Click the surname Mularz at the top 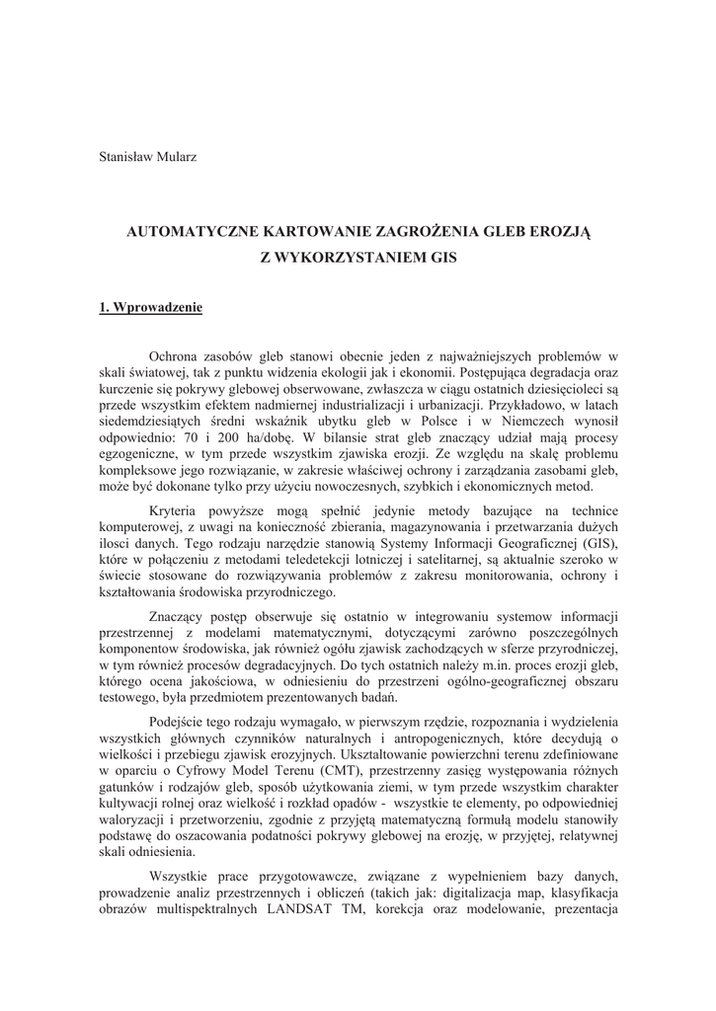(176, 157)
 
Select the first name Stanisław (126, 157)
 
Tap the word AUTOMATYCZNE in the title (190, 233)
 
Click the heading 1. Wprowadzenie (151, 308)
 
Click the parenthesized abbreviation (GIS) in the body (595, 544)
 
